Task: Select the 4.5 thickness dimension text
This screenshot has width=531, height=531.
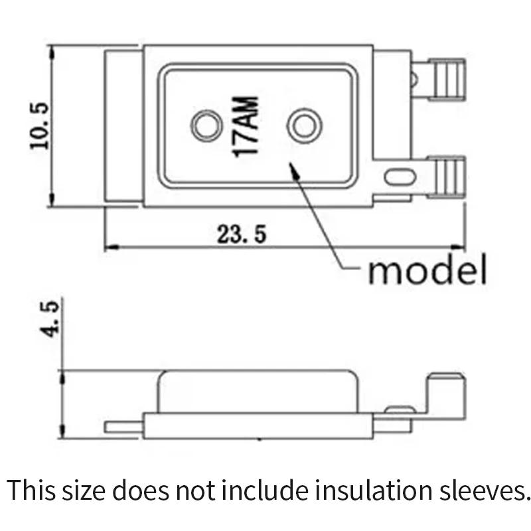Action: pyautogui.click(x=52, y=319)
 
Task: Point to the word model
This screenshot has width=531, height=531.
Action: pyautogui.click(x=427, y=270)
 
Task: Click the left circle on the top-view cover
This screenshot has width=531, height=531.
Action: pyautogui.click(x=205, y=125)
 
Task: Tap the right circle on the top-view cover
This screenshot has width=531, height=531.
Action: pyautogui.click(x=304, y=124)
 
